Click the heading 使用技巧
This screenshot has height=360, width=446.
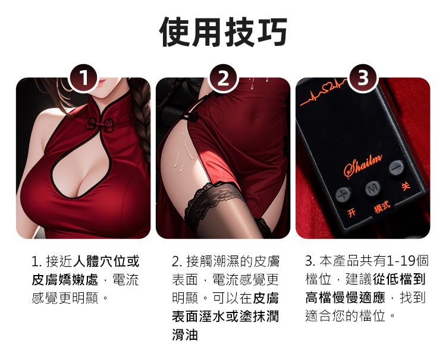tap(223, 31)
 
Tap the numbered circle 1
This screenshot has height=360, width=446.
tap(84, 78)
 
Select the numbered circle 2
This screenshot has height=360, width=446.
tap(223, 78)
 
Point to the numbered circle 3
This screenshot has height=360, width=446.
tap(363, 78)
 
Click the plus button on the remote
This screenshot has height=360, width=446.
tap(343, 195)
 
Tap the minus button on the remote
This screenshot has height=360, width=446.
tap(396, 168)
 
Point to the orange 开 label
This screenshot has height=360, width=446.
tap(351, 212)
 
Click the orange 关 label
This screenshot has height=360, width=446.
tap(406, 186)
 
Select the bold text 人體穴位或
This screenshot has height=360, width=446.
tap(106, 261)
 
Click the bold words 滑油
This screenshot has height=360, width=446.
tap(185, 334)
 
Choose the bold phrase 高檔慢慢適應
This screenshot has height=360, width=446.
tap(346, 298)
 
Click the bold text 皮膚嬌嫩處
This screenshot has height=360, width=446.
tap(65, 280)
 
